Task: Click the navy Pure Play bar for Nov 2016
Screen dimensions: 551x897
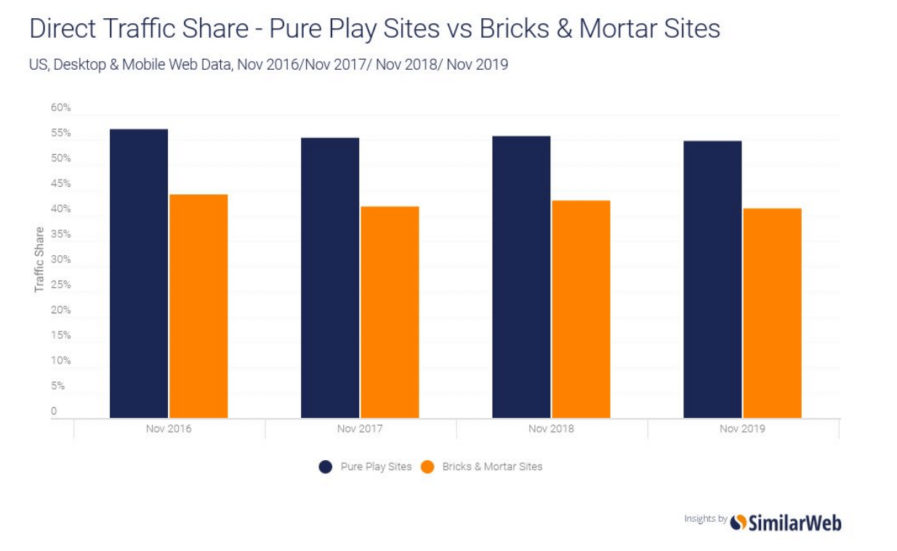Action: pos(139,273)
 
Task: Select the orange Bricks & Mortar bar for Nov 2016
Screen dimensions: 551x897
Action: pos(198,306)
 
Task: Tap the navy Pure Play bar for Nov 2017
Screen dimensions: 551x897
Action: pos(330,278)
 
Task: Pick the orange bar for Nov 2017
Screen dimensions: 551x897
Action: pos(390,312)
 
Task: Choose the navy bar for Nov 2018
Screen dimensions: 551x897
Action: pos(521,277)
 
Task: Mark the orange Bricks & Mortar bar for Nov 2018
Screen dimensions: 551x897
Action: pos(581,309)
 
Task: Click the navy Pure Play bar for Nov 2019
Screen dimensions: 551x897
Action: pos(712,279)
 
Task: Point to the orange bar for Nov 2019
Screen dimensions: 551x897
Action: pos(772,313)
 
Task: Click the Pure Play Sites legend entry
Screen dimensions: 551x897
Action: pos(366,467)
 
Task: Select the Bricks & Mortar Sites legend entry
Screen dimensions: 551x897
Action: pos(483,467)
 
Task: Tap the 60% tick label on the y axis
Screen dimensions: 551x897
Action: pos(61,108)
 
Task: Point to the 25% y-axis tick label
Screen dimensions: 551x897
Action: pos(61,285)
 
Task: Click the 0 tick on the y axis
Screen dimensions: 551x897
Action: pos(54,411)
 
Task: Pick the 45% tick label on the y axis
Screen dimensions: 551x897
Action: pos(61,184)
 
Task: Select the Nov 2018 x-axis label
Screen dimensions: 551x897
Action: pos(551,429)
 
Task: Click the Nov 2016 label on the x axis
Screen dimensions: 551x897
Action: pos(169,429)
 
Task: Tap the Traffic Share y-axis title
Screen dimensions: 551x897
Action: pos(39,260)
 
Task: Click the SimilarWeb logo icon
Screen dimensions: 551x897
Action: pos(739,522)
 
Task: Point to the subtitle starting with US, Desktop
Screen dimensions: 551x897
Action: pos(268,65)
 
